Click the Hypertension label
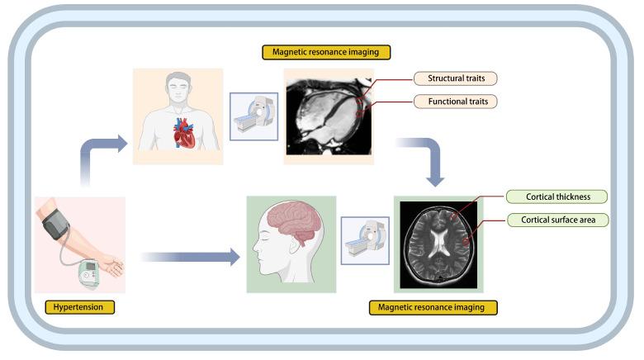click(x=79, y=307)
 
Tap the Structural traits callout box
click(x=455, y=79)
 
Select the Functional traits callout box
click(x=455, y=102)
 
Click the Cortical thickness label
click(x=555, y=197)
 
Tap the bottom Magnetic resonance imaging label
click(x=432, y=307)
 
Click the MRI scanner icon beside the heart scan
click(x=253, y=116)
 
